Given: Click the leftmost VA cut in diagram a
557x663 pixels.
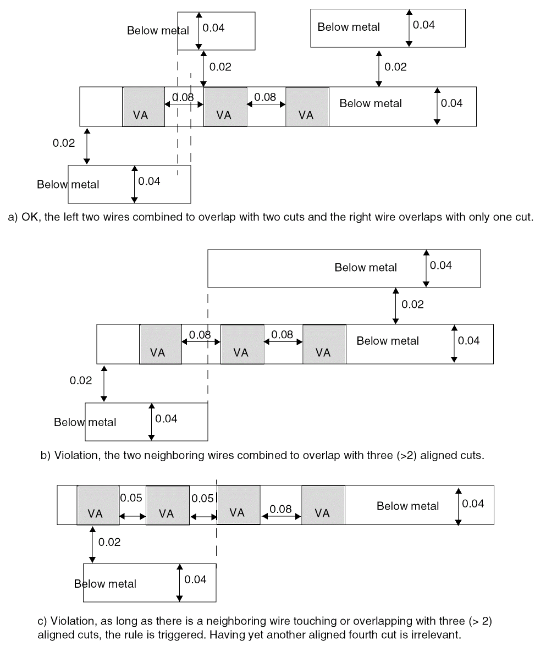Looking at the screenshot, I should click(x=143, y=107).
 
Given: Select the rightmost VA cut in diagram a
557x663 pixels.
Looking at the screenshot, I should click(x=307, y=107).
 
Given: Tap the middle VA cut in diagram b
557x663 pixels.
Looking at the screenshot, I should click(x=242, y=344).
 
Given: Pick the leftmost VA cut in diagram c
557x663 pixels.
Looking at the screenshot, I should click(x=98, y=505).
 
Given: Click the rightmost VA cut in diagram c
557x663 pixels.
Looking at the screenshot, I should click(x=323, y=505).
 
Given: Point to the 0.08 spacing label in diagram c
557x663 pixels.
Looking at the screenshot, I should click(x=280, y=509).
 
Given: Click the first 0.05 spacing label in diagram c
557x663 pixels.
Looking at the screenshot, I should click(x=131, y=498).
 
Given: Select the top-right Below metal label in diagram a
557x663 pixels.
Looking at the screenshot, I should click(x=349, y=27).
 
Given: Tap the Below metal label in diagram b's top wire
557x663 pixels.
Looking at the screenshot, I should click(x=366, y=268).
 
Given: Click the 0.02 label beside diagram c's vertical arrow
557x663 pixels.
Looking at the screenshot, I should click(x=109, y=543).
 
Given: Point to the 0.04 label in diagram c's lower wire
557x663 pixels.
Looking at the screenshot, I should click(x=195, y=579).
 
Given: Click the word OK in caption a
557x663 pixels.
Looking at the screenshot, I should click(x=28, y=217).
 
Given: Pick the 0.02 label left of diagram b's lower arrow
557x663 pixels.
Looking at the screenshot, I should click(x=81, y=380).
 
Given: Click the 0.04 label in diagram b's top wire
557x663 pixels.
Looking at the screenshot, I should click(x=441, y=266).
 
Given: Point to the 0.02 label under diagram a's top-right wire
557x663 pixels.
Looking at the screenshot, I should click(x=395, y=67).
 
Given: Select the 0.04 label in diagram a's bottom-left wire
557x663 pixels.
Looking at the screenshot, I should click(x=149, y=181).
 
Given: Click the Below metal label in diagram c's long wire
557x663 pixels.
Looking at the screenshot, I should click(x=407, y=506).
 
